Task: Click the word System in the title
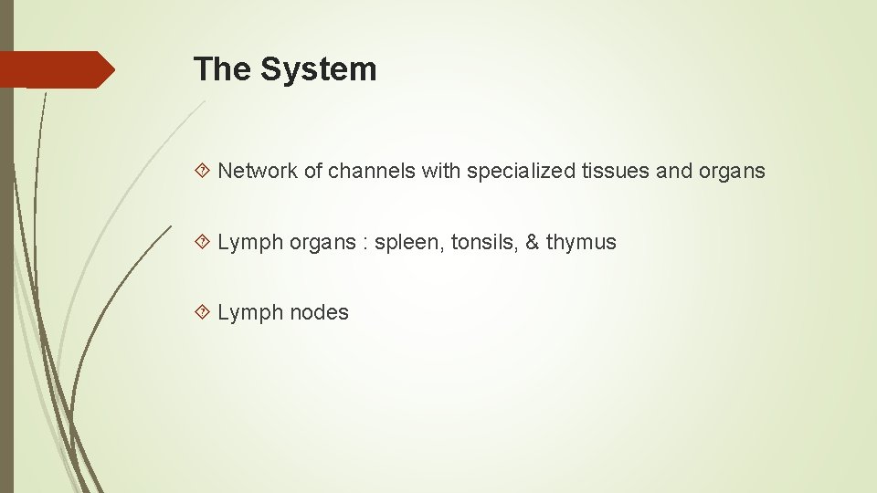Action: [318, 69]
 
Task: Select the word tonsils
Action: [483, 242]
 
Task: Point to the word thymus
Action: [581, 243]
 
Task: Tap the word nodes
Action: [319, 312]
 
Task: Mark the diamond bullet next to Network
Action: [204, 171]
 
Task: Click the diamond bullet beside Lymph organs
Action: [204, 242]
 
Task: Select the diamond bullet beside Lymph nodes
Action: [204, 312]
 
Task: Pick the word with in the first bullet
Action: [441, 171]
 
